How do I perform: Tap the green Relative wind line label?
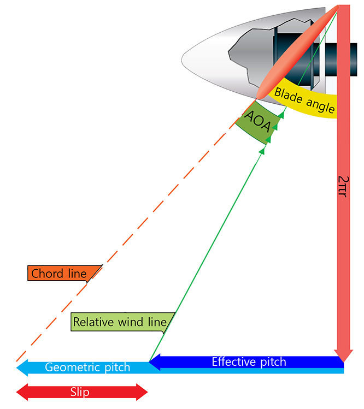click(x=120, y=322)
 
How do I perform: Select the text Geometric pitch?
click(x=87, y=367)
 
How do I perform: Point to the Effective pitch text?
click(x=249, y=361)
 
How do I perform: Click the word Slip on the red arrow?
click(x=80, y=392)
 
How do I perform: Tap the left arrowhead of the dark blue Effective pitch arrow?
click(x=155, y=361)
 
